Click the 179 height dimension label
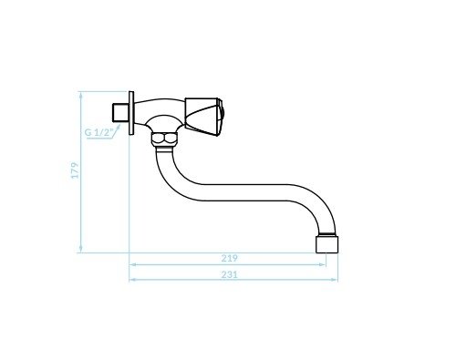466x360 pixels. (75, 170)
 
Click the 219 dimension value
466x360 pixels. (229, 258)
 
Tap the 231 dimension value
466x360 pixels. (229, 274)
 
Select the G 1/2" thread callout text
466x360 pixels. (98, 132)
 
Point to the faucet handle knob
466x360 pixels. (202, 117)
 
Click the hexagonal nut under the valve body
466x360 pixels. (165, 139)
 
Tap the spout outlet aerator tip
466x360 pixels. (327, 243)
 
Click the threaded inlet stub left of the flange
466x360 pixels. (120, 113)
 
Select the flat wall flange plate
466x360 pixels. (131, 113)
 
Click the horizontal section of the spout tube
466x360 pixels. (243, 192)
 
